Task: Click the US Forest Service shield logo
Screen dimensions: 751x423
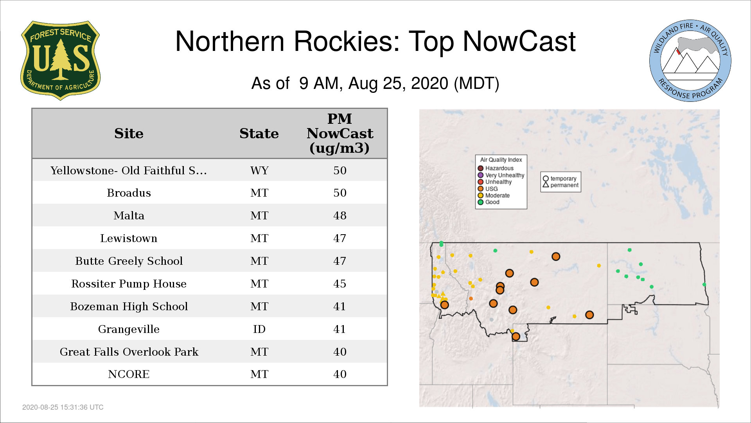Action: pyautogui.click(x=60, y=60)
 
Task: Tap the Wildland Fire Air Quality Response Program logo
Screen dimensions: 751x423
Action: pyautogui.click(x=690, y=61)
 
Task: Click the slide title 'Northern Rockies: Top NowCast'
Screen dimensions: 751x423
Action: pyautogui.click(x=375, y=41)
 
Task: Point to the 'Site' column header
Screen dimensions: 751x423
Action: pyautogui.click(x=129, y=134)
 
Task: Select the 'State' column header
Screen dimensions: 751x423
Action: pyautogui.click(x=259, y=134)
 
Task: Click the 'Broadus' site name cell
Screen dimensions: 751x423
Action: pyautogui.click(x=129, y=193)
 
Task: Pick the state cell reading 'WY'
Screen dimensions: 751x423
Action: pyautogui.click(x=259, y=170)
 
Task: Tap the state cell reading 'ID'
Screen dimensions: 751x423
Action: pyautogui.click(x=259, y=329)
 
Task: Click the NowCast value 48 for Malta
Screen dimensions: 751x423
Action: pyautogui.click(x=340, y=215)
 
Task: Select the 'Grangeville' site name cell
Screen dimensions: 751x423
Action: pyautogui.click(x=129, y=329)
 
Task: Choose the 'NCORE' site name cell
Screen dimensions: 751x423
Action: pyautogui.click(x=129, y=374)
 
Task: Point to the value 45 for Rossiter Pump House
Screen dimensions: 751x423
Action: pyautogui.click(x=340, y=284)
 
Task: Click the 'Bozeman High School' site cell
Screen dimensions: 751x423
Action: pyautogui.click(x=129, y=307)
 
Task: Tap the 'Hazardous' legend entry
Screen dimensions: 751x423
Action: pyautogui.click(x=496, y=168)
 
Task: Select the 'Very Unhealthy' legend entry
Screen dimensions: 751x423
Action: pyautogui.click(x=501, y=175)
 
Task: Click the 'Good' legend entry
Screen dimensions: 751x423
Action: pyautogui.click(x=489, y=202)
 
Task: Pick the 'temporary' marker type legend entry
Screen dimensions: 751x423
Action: pyautogui.click(x=560, y=179)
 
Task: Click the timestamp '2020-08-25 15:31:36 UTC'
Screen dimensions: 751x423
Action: pyautogui.click(x=63, y=407)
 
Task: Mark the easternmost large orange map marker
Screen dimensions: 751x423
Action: pyautogui.click(x=589, y=315)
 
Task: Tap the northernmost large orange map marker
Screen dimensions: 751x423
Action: pyautogui.click(x=556, y=257)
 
